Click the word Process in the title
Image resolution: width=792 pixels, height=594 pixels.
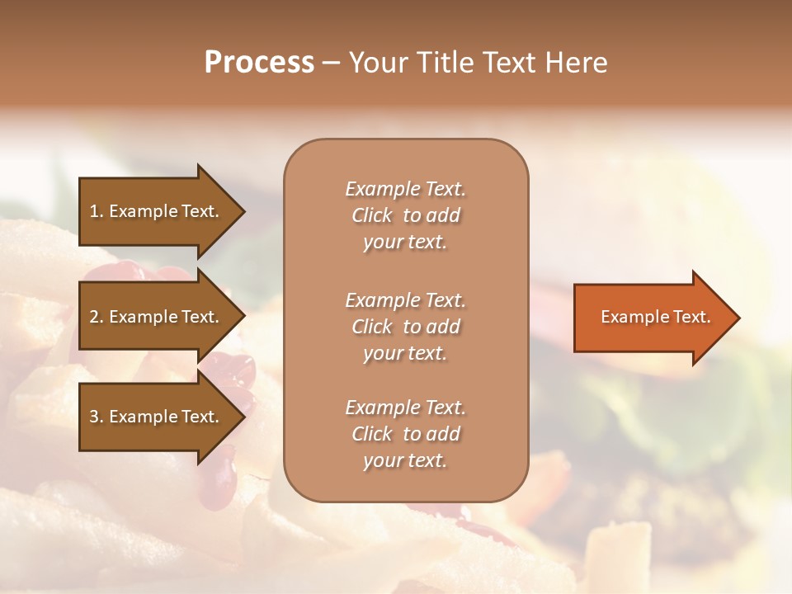pos(259,63)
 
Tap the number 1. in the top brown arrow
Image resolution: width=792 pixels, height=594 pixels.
pos(97,211)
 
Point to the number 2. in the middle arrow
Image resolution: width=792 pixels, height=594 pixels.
pos(97,317)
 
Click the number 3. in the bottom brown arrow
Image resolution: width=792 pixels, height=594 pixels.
pos(97,417)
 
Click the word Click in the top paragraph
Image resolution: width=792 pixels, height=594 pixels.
pos(371,216)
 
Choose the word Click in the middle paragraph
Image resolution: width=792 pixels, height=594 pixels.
pos(371,327)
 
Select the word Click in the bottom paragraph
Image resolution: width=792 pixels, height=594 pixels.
pos(371,434)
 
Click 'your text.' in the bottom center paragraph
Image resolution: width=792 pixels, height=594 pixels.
pos(405,461)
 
